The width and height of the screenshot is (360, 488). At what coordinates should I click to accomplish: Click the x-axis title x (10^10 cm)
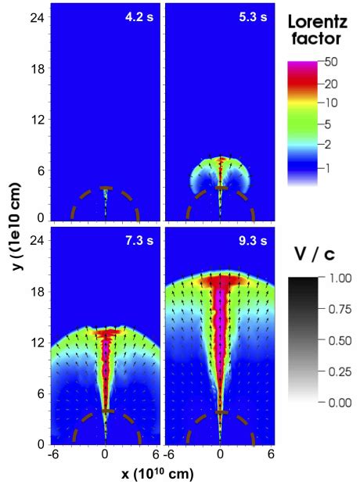pyautogui.click(x=158, y=475)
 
